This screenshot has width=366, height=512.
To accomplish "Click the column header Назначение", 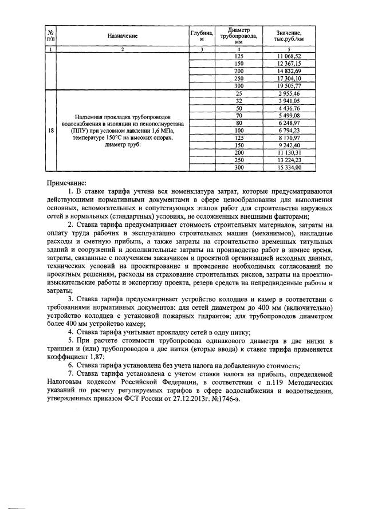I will [123, 36].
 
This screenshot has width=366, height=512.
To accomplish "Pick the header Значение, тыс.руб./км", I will [288, 36].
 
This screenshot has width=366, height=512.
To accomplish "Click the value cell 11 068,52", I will [288, 55].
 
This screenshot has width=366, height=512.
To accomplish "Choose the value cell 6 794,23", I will [288, 129].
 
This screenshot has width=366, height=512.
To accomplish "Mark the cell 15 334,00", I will [288, 167].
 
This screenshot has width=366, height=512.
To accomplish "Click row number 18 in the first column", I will [52, 130].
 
